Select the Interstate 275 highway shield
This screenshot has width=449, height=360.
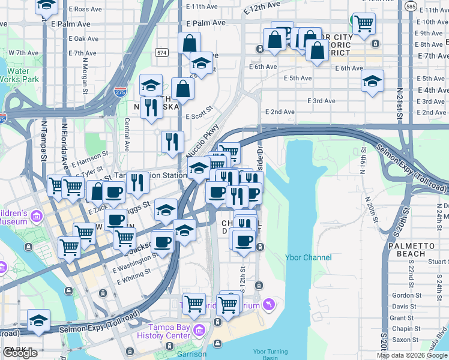coord(119,92)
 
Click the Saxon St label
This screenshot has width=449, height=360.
coord(405,340)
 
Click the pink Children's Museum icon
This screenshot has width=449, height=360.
coord(36,216)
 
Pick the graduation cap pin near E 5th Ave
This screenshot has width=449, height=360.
coord(372,80)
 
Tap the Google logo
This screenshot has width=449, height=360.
coord(20,353)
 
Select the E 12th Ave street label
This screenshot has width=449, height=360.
coord(262,9)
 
